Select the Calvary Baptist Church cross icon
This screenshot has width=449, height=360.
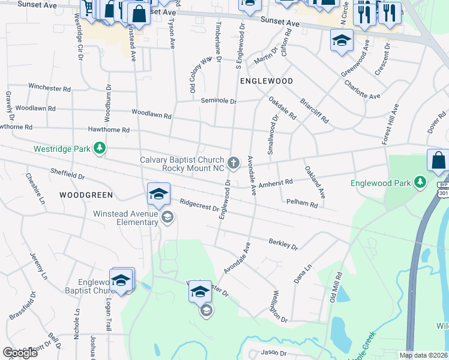click(x=233, y=163)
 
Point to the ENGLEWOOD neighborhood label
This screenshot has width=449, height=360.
click(x=267, y=80)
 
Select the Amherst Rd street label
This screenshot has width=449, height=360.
click(x=280, y=182)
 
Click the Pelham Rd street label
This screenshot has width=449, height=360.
click(x=302, y=204)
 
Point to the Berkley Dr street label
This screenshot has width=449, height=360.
click(x=283, y=244)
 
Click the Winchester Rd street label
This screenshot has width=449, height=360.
click(x=49, y=88)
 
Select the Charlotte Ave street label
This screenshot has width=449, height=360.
click(x=363, y=89)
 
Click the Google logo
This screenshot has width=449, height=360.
click(x=20, y=352)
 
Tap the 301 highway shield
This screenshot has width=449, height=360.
click(x=442, y=193)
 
